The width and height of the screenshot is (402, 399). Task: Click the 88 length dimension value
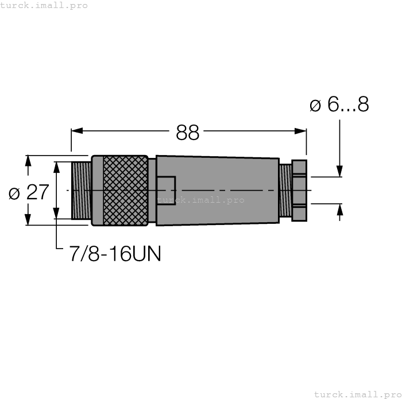(x=187, y=133)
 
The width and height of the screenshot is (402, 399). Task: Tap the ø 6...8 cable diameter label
(x=339, y=104)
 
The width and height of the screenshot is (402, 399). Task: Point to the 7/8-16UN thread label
(x=115, y=253)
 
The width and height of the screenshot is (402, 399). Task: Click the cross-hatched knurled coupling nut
(x=125, y=190)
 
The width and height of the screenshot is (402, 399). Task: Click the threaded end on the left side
(x=81, y=190)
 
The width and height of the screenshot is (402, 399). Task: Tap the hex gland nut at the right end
(x=299, y=190)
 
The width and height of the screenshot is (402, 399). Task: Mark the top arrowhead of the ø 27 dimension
(x=28, y=161)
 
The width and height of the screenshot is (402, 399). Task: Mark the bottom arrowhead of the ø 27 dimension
(x=28, y=219)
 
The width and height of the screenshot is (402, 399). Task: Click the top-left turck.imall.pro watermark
(x=44, y=5)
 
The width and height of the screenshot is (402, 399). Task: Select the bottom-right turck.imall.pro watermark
(x=357, y=394)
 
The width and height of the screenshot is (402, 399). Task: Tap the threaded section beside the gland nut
(x=285, y=190)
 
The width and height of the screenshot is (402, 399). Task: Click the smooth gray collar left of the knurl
(x=97, y=190)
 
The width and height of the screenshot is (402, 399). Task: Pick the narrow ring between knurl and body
(x=152, y=190)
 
